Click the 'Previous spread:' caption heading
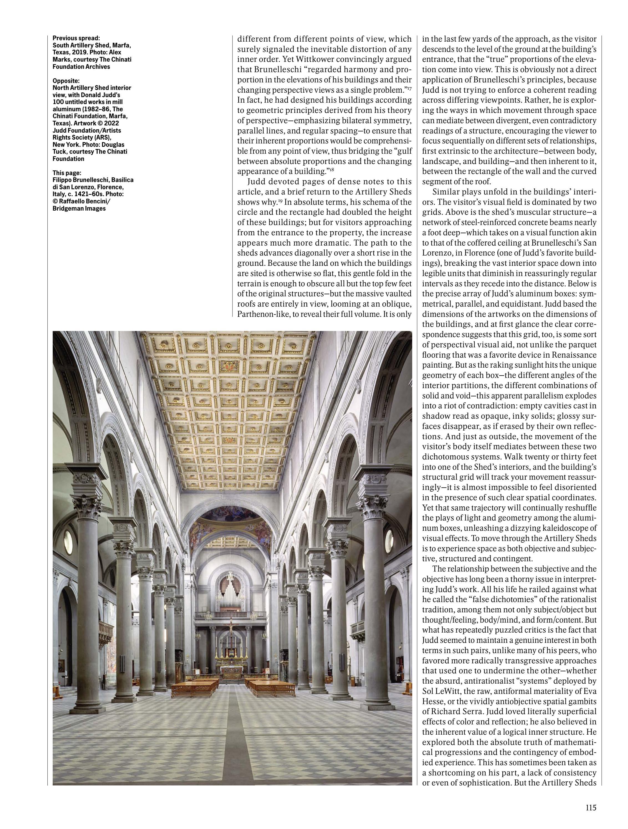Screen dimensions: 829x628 76,38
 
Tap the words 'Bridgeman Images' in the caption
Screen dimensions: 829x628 79,209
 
